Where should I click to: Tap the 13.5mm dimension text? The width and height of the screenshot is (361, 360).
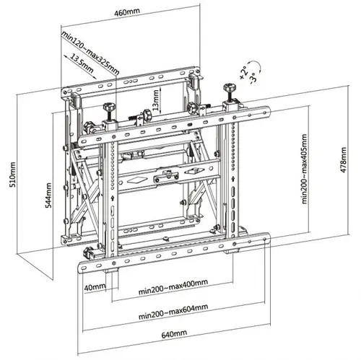(80, 63)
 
